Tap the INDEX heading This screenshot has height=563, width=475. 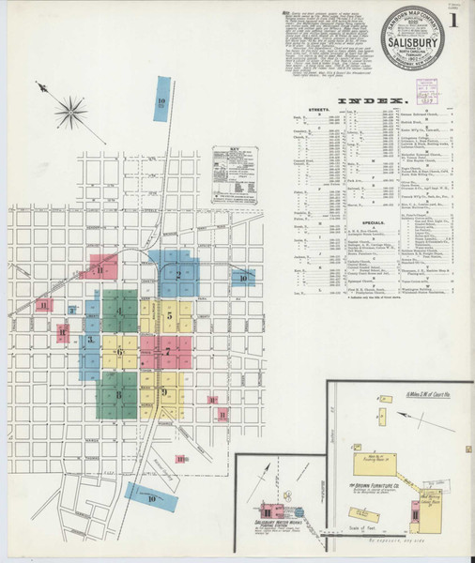pos(372,99)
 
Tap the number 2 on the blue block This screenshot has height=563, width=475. pos(177,275)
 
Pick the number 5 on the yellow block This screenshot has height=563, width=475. pos(169,316)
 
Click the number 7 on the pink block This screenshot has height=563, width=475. pos(168,351)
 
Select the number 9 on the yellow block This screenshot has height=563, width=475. pos(164,391)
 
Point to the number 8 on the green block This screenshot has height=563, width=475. pos(120,395)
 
